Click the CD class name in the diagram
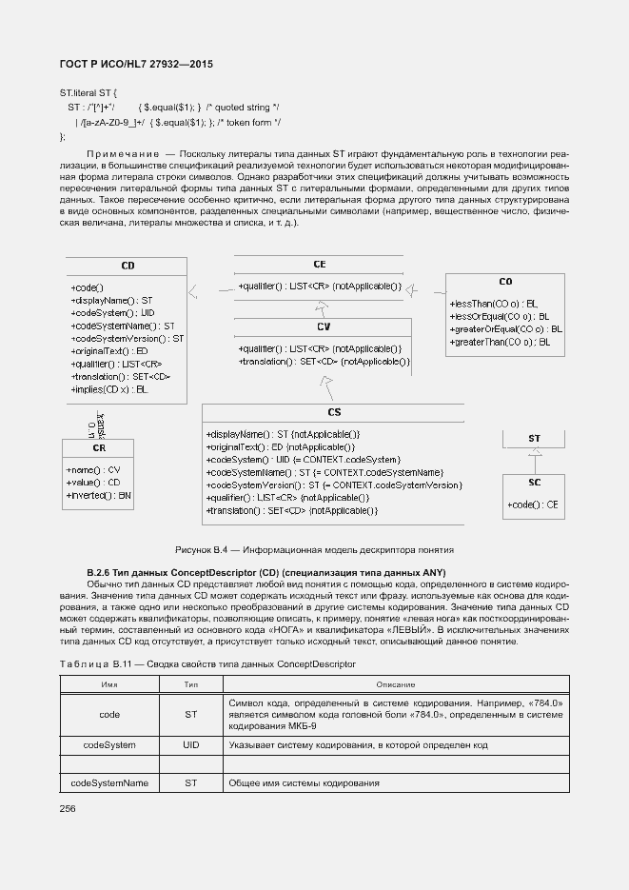[128, 266]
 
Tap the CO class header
[505, 282]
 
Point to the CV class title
[324, 326]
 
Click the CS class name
[334, 412]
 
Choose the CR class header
[99, 447]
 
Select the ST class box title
[534, 438]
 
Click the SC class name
[534, 482]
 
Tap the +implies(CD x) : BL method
[109, 389]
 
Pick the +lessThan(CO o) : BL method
[493, 303]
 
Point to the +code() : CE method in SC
[532, 504]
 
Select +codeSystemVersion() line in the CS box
[334, 485]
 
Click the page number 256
[68, 808]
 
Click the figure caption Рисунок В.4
[314, 549]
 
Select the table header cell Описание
[395, 684]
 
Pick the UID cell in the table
[190, 744]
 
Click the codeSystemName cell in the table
[109, 782]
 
